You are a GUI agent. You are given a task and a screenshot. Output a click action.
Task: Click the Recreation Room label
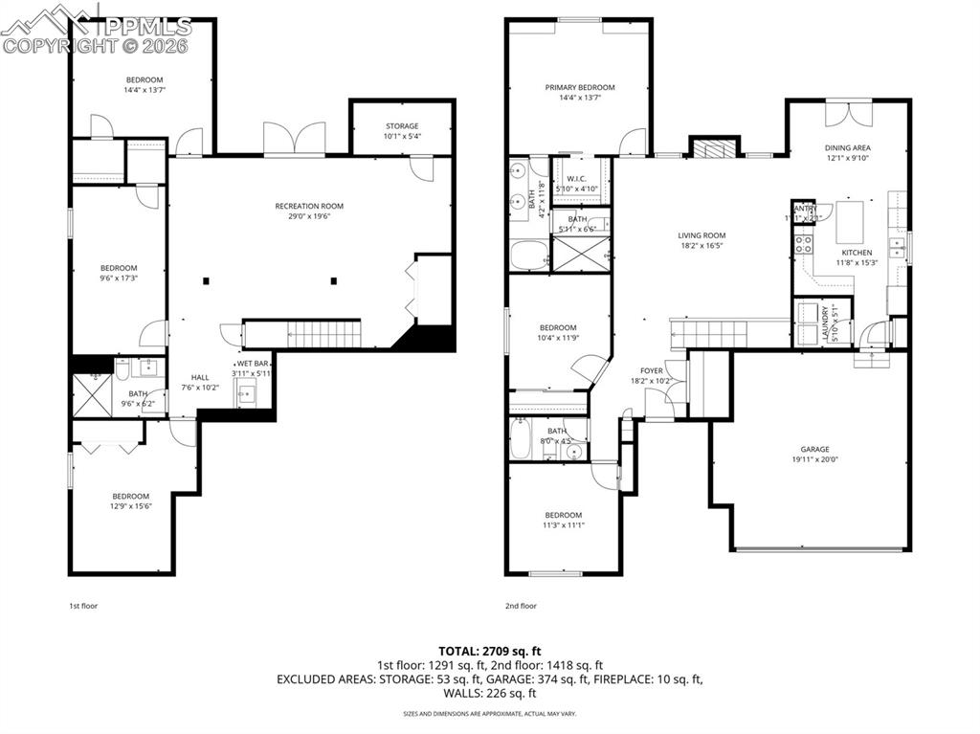click(308, 206)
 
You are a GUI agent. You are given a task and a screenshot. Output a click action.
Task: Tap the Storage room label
click(402, 126)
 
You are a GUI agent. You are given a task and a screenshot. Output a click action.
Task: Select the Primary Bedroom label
click(579, 87)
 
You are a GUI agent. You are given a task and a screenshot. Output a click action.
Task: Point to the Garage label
click(814, 449)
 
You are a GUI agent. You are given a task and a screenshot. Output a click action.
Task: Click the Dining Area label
click(848, 148)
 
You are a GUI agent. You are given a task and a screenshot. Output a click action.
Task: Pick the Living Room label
click(702, 235)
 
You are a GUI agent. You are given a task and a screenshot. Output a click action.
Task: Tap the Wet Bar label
click(254, 364)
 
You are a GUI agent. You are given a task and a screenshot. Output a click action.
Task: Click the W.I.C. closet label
click(576, 179)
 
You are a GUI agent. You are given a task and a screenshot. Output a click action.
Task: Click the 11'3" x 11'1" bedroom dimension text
click(563, 524)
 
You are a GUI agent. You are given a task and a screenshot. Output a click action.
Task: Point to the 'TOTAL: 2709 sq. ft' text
click(489, 651)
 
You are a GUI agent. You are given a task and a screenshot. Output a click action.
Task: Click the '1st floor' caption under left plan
click(83, 606)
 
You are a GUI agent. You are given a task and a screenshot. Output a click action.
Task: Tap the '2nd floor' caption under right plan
click(522, 606)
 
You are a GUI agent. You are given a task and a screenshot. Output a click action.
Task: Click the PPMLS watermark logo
click(97, 29)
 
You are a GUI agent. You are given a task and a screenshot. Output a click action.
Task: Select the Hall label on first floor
click(200, 377)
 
